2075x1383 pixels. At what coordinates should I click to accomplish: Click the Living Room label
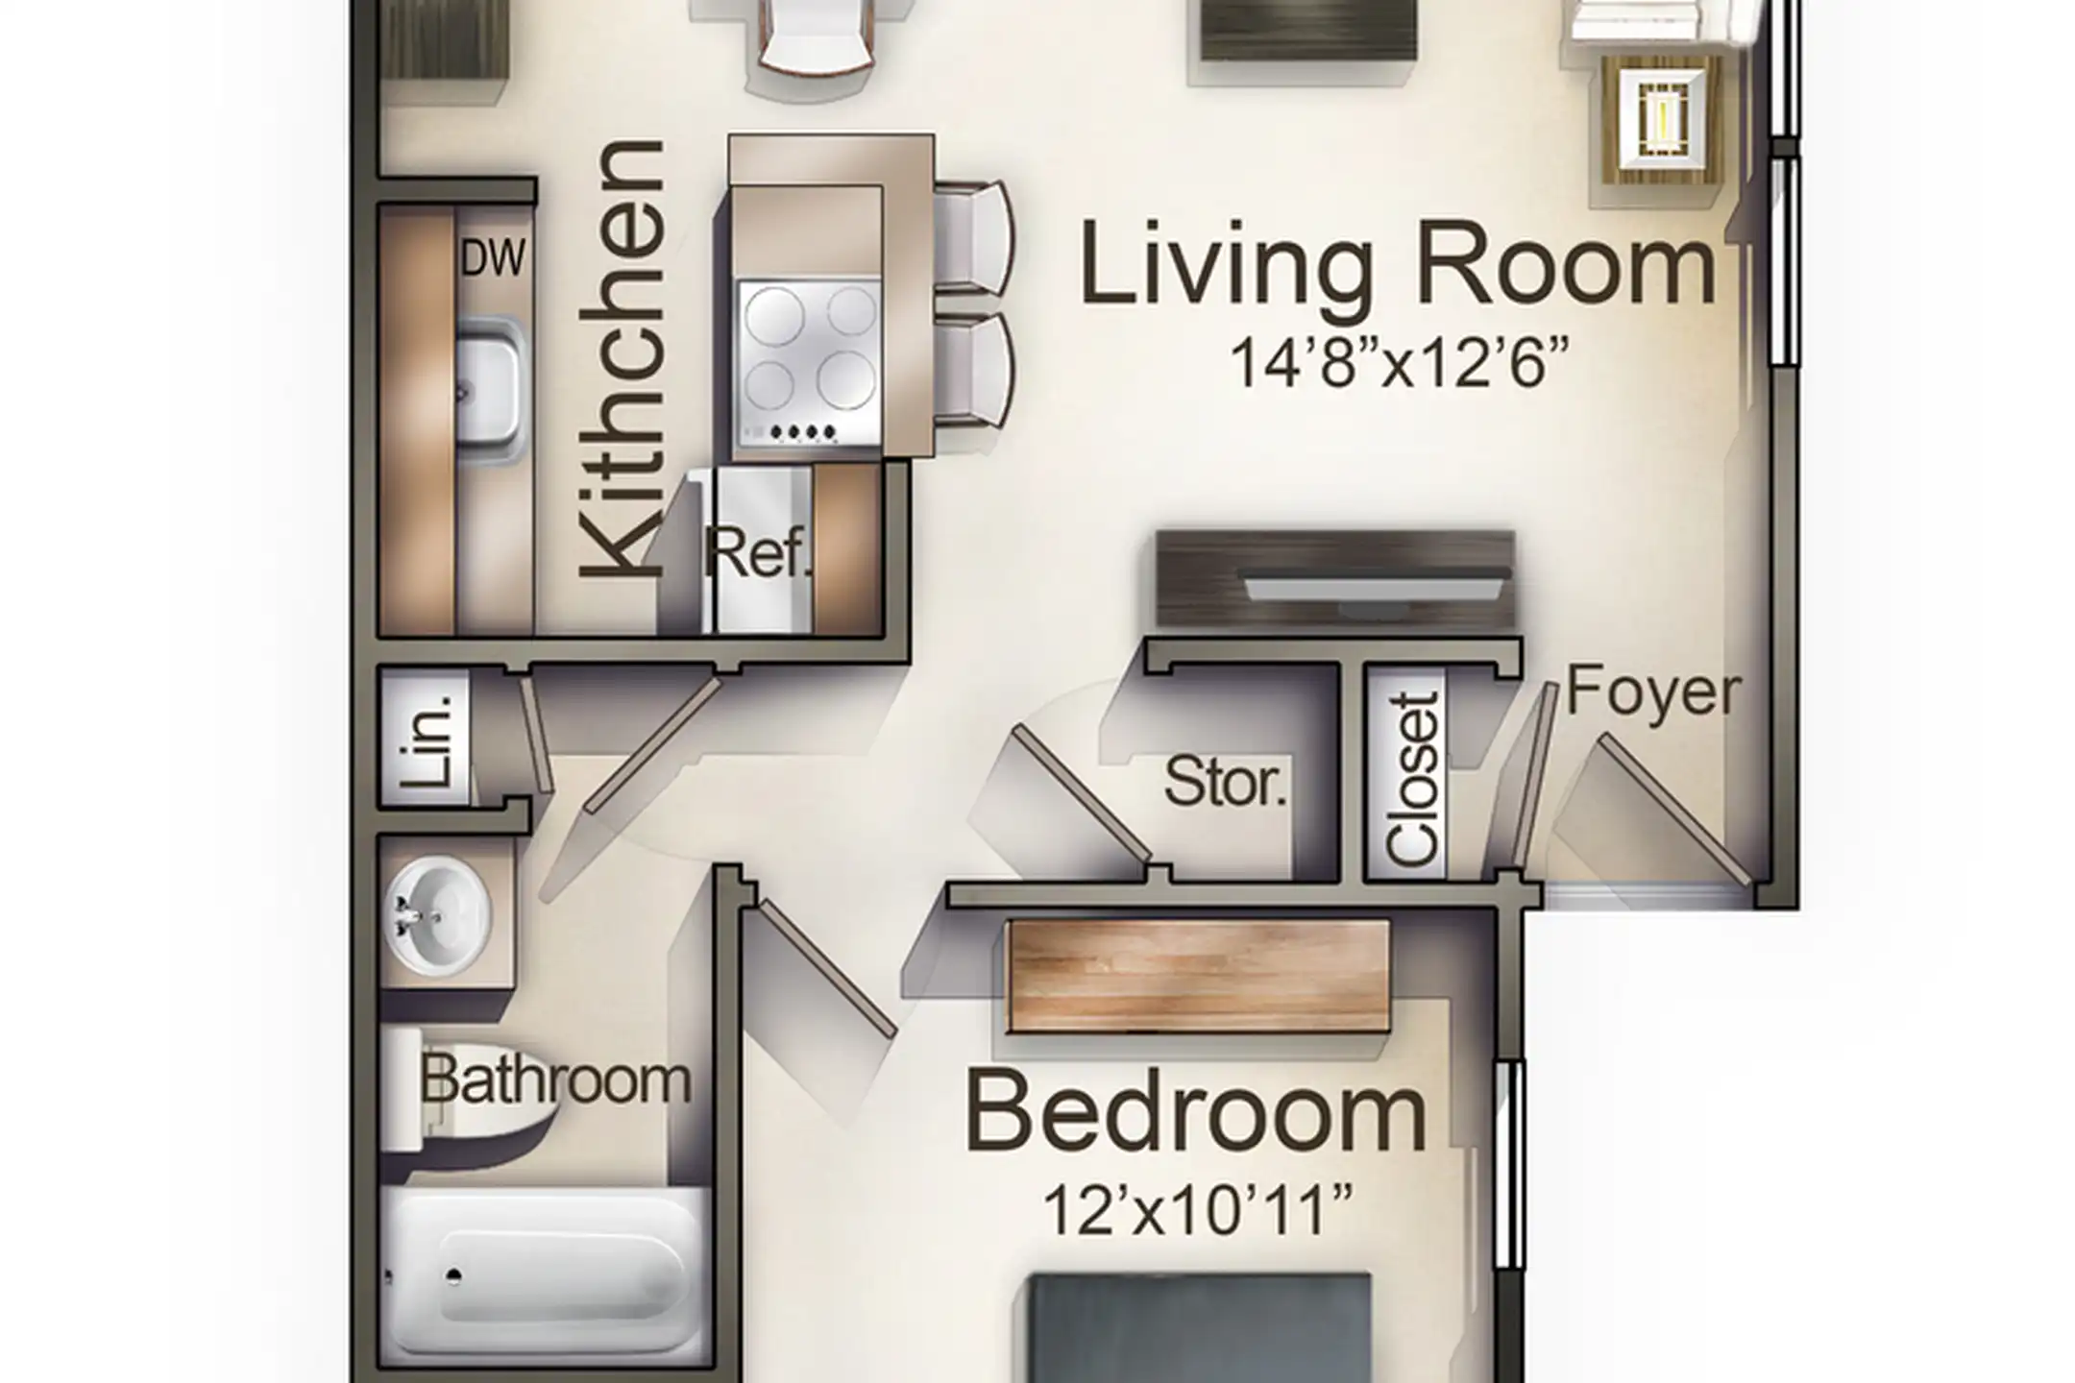click(1398, 264)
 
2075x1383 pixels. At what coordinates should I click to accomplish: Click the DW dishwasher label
click(493, 257)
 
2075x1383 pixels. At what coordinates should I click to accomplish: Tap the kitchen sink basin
click(491, 392)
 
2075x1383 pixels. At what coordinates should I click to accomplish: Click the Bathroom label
click(555, 1080)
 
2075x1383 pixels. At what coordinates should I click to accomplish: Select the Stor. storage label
click(1225, 782)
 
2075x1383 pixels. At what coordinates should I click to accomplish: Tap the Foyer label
click(1653, 692)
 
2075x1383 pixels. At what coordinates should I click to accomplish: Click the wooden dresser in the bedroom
click(1199, 976)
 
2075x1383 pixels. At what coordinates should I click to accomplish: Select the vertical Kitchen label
click(622, 360)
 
